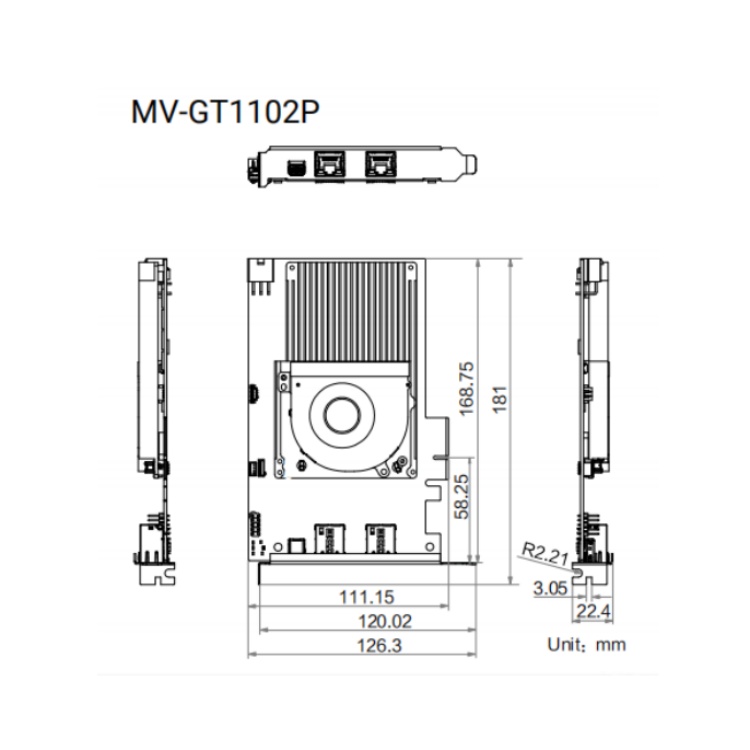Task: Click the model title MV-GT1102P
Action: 225,112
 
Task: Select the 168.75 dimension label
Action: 466,388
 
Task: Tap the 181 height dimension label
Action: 499,399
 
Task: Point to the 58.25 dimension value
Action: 462,496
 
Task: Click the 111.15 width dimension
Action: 366,597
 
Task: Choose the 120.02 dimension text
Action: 385,621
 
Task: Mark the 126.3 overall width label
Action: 379,646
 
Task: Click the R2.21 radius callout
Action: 545,553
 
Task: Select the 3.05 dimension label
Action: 550,588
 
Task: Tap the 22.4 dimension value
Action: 593,611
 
